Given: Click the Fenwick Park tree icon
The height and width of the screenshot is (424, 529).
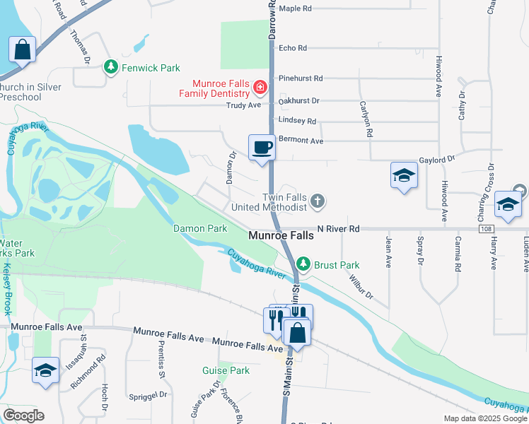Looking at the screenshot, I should (x=111, y=67).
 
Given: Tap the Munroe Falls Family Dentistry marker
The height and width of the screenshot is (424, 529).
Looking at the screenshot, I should (x=260, y=88).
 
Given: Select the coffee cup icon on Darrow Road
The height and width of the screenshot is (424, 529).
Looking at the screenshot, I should (x=262, y=148).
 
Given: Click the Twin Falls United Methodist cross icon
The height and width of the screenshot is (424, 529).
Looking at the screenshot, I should (x=318, y=201).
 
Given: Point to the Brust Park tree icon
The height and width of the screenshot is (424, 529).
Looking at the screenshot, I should (x=303, y=264).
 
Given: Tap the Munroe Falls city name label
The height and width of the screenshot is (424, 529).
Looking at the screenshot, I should (x=281, y=235).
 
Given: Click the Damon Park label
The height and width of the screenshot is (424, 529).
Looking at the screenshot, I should (x=200, y=228).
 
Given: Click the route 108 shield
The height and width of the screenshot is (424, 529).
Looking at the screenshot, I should (x=485, y=229).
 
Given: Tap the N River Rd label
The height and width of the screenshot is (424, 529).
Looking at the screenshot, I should (x=339, y=229).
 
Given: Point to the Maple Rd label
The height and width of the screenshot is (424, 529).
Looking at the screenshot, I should (x=296, y=8).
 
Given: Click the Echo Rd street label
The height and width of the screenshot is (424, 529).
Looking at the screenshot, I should (x=293, y=48).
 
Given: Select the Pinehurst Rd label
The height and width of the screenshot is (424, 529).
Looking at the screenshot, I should (x=301, y=78).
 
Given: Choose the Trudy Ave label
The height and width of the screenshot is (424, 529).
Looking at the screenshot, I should (x=243, y=105).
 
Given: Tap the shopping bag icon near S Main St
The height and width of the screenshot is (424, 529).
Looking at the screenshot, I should (x=298, y=331).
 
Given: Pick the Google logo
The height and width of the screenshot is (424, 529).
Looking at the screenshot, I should (x=23, y=416).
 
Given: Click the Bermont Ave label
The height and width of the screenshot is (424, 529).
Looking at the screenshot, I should (x=301, y=141).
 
